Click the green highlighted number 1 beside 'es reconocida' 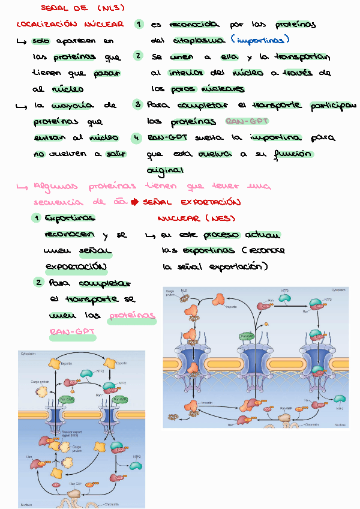(x=139, y=25)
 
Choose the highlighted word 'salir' (x=116, y=154)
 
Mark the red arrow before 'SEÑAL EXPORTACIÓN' (x=134, y=202)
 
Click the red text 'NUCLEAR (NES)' (x=196, y=218)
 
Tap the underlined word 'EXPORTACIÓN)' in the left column (x=76, y=266)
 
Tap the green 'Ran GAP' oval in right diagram (x=247, y=337)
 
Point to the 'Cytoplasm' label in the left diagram (x=29, y=354)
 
